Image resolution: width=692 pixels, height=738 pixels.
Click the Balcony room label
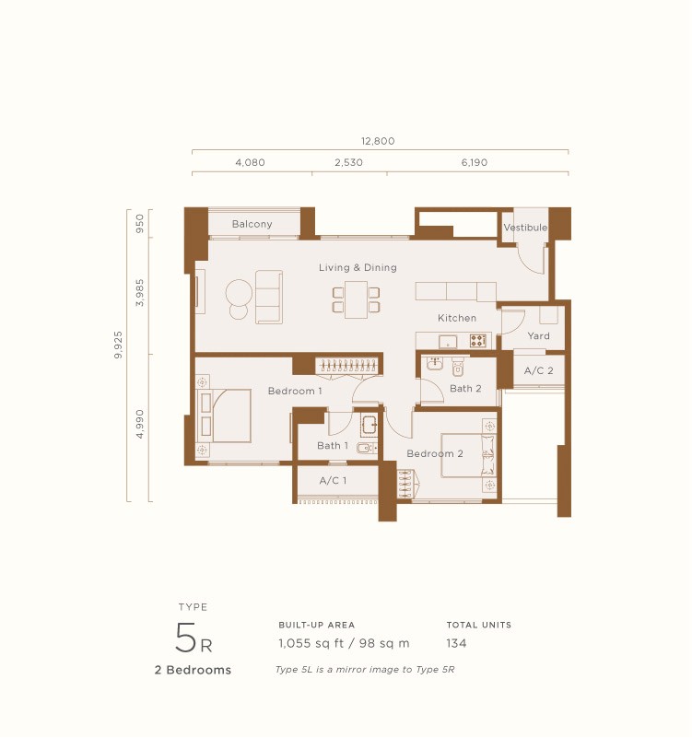pyautogui.click(x=252, y=224)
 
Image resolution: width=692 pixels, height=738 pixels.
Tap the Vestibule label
pyautogui.click(x=525, y=228)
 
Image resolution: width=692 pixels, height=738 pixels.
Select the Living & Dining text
pyautogui.click(x=358, y=268)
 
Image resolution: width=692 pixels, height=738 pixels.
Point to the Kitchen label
pyautogui.click(x=457, y=318)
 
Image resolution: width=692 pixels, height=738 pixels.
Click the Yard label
pyautogui.click(x=538, y=336)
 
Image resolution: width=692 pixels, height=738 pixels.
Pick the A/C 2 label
pyautogui.click(x=538, y=370)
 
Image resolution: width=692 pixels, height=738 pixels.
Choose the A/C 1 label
pyautogui.click(x=333, y=481)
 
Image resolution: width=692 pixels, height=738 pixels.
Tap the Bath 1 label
pyautogui.click(x=333, y=446)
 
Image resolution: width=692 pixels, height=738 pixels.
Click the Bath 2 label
pyautogui.click(x=465, y=389)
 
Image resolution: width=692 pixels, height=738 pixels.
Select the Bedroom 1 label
pyautogui.click(x=295, y=392)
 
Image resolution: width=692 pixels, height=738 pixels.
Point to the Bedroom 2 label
pyautogui.click(x=435, y=453)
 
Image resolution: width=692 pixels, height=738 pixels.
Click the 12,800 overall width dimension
pyautogui.click(x=378, y=141)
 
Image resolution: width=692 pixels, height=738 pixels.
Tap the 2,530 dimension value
pyautogui.click(x=349, y=162)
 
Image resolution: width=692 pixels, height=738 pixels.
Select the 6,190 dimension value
pyautogui.click(x=475, y=162)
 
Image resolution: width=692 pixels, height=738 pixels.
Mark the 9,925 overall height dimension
pyautogui.click(x=119, y=341)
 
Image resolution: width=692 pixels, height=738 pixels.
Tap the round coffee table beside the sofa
pyautogui.click(x=239, y=294)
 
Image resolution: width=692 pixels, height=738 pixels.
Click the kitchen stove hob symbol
pyautogui.click(x=478, y=341)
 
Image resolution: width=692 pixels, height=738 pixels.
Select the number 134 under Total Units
pyautogui.click(x=456, y=643)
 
